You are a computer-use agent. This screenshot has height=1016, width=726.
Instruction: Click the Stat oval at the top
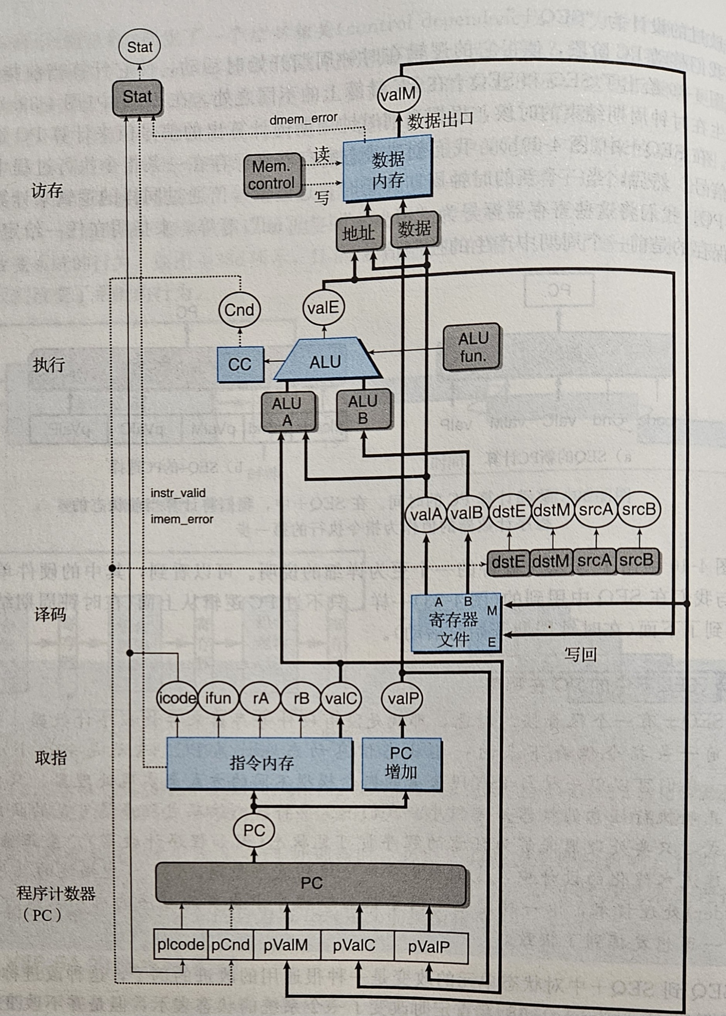[x=140, y=47]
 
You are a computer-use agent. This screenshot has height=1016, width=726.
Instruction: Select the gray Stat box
[x=137, y=97]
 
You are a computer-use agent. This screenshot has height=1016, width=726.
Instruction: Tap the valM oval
[x=398, y=95]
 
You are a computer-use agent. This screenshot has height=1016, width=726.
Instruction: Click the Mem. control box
[x=272, y=175]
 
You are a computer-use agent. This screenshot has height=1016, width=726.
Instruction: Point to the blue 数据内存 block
[x=387, y=168]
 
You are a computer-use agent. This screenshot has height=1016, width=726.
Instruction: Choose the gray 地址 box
[x=358, y=233]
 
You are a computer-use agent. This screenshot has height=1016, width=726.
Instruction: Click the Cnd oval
[x=239, y=310]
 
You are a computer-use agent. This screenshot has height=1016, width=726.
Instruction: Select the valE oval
[x=323, y=307]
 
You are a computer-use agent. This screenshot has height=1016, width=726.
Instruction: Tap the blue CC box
[x=240, y=364]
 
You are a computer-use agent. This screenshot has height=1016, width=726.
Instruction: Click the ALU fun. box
[x=472, y=347]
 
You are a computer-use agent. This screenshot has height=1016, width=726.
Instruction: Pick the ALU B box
[x=363, y=409]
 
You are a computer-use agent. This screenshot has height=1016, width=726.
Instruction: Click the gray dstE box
[x=508, y=562]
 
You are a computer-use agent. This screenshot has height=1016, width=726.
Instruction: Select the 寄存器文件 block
[x=455, y=622]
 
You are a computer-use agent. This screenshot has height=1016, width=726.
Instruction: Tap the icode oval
[x=177, y=698]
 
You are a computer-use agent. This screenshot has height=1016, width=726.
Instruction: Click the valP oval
[x=402, y=698]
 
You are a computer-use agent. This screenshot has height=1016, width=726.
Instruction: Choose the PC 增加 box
[x=401, y=763]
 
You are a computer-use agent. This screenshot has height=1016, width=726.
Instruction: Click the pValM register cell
[x=285, y=945]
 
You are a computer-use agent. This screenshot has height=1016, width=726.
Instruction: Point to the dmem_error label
[x=303, y=119]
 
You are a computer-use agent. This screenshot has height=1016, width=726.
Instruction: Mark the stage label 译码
[x=50, y=614]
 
